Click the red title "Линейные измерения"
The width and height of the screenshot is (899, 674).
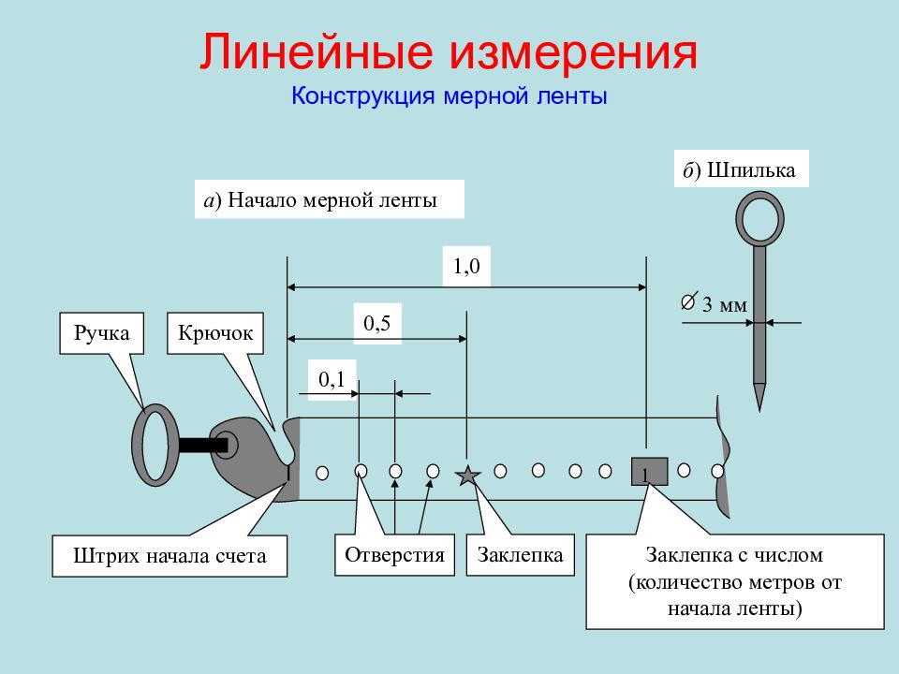click(x=449, y=52)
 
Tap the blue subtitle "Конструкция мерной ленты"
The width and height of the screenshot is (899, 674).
click(x=449, y=95)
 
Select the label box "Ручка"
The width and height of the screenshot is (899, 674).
click(x=101, y=333)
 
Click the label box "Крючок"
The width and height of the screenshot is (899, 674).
click(x=215, y=333)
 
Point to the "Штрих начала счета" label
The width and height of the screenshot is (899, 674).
click(x=169, y=555)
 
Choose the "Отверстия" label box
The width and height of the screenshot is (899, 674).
click(x=394, y=555)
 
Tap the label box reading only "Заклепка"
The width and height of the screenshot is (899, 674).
click(x=520, y=555)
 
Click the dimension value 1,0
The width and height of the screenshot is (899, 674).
click(x=466, y=266)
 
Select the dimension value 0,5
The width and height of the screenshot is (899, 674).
click(x=376, y=323)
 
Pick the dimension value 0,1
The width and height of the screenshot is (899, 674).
click(x=332, y=379)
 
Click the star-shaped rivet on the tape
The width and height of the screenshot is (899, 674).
click(x=468, y=476)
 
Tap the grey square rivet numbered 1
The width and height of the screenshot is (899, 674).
click(x=650, y=472)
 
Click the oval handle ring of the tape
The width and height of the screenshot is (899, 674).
click(x=137, y=445)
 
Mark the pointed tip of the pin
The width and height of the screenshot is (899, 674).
click(x=759, y=410)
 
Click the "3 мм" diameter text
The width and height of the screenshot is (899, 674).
click(x=725, y=304)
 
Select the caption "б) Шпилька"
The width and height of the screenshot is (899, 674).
click(x=742, y=169)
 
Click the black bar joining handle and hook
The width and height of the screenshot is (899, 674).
click(x=203, y=446)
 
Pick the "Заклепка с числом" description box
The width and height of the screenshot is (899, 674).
click(x=735, y=581)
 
